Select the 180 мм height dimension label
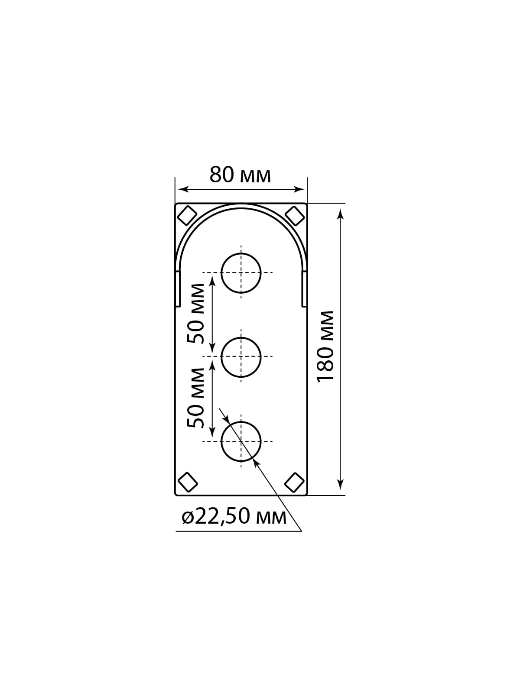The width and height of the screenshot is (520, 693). pos(325,346)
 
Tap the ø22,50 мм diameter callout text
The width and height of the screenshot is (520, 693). pos(234,517)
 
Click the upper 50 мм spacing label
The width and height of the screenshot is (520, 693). pos(196,313)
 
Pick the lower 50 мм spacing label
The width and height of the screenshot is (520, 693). pos(196,398)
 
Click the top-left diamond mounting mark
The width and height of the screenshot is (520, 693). pos(187,216)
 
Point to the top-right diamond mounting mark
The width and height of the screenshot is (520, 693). pos(295,216)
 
